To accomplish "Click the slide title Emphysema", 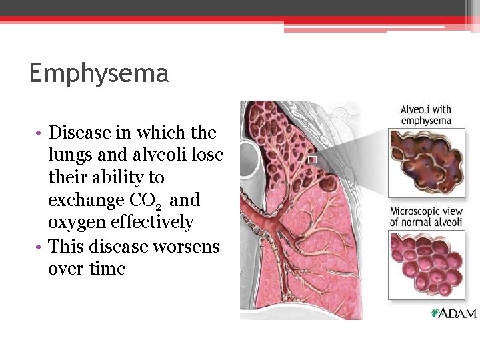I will (99, 73).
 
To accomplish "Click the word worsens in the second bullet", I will (186, 247).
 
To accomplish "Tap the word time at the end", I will (108, 269).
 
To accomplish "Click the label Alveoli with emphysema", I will (425, 115).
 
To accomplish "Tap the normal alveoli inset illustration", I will (427, 265).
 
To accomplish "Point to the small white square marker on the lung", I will (311, 159).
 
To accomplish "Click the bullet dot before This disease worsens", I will (41, 247).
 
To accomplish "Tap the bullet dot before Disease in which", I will (41, 133).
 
